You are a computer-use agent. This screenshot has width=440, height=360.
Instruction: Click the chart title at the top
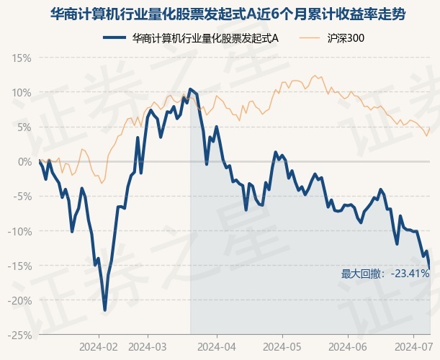pos(220,14)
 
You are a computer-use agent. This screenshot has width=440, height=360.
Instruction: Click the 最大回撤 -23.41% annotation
pos(385,274)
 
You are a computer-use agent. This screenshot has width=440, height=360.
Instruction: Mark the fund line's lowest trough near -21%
pos(105,310)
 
